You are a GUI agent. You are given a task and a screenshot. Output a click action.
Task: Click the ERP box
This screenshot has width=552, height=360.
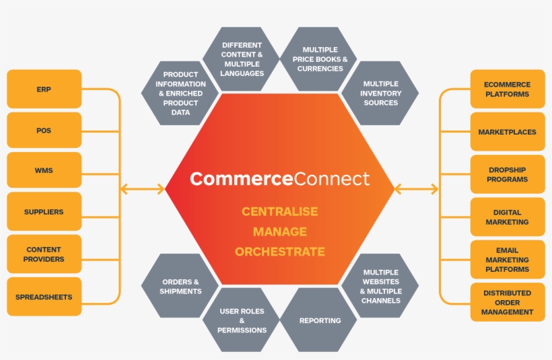[44, 89]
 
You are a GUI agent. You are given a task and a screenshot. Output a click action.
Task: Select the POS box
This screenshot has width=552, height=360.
[44, 130]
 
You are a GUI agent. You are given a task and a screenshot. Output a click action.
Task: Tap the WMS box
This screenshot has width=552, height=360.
[44, 170]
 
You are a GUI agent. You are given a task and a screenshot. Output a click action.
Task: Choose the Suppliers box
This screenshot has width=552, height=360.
[44, 211]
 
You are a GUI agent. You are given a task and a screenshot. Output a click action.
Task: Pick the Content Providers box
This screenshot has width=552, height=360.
[44, 254]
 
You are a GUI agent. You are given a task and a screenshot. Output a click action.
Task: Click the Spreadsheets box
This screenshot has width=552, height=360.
[44, 297]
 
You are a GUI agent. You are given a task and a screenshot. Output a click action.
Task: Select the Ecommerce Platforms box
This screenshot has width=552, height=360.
[508, 89]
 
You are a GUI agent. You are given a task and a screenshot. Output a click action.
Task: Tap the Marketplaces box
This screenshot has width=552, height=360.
[508, 132]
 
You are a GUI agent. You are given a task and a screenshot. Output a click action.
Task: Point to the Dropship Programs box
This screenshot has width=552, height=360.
[508, 175]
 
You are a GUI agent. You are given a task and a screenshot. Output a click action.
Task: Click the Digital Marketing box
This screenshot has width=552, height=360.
[508, 217]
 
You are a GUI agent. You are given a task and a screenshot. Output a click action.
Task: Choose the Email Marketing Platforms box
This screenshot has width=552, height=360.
[508, 260]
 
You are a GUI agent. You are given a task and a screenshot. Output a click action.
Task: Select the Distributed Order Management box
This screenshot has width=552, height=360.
[508, 302]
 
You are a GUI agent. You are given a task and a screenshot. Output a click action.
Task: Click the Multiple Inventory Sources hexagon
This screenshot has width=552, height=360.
[380, 93]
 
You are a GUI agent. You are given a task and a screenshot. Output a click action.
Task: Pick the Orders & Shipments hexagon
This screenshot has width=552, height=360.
[180, 286]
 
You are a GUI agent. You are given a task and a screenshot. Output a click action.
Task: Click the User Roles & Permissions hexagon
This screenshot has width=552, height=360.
[242, 320]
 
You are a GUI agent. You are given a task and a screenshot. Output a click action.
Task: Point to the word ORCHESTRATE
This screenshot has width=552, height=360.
[279, 252]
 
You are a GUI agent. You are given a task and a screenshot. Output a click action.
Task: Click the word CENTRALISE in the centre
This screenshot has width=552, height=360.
[279, 211]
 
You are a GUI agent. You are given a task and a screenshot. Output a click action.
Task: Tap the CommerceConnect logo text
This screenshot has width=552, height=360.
[279, 178]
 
